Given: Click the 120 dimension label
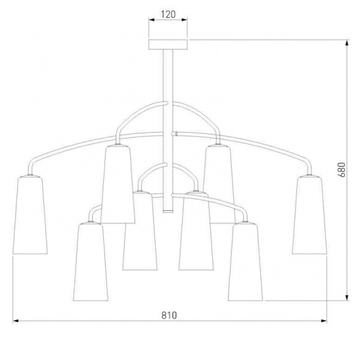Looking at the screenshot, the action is [168, 14].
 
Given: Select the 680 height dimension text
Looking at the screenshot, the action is [342, 170].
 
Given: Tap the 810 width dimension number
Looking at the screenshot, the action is [169, 315].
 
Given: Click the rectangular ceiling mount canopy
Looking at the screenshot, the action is [168, 44].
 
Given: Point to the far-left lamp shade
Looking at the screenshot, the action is [30, 215].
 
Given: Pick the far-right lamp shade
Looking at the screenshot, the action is [309, 215].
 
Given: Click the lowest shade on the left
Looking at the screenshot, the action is [90, 262].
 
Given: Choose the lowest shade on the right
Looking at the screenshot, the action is [246, 262].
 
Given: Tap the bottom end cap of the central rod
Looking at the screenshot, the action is [168, 211].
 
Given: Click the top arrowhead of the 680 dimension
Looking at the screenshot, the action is [347, 42].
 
